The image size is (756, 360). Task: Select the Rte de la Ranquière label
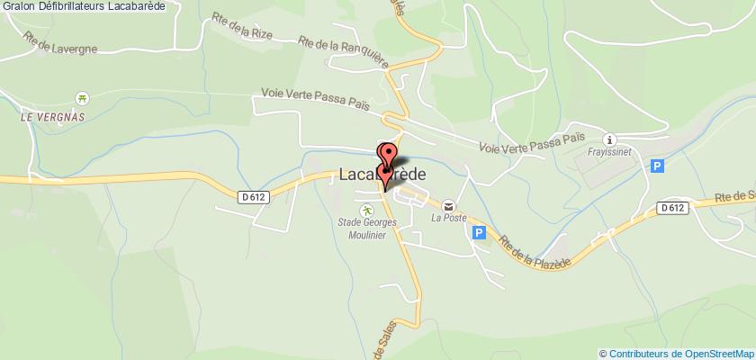click(346, 49)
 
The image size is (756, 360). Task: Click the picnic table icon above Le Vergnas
click(83, 99)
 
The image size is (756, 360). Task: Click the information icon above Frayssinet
click(610, 139)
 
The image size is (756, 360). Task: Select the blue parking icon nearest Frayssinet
click(657, 166)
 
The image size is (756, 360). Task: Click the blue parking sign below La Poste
click(479, 232)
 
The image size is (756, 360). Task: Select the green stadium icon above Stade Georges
click(366, 211)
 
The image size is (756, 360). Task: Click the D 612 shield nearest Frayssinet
click(670, 208)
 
